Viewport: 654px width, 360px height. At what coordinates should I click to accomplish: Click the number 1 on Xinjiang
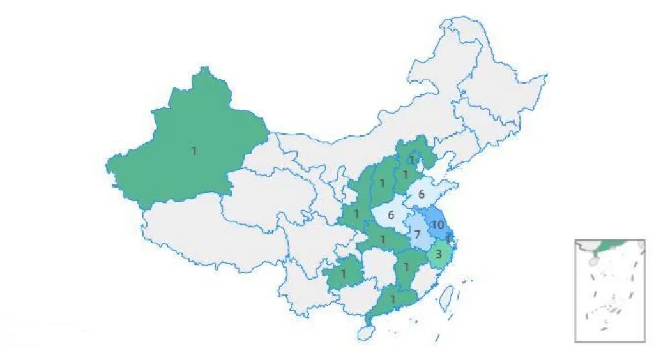[x=194, y=151]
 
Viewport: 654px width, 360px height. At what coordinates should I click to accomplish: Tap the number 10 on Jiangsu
[x=437, y=225]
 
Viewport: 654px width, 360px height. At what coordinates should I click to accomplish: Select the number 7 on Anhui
[x=416, y=234]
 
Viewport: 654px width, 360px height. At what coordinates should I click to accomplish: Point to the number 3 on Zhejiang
[x=438, y=254]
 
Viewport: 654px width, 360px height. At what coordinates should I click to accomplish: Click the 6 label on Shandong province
[x=422, y=194]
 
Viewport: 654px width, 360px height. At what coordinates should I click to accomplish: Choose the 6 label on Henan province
[x=391, y=215]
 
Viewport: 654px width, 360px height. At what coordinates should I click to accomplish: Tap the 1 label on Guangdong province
[x=393, y=298]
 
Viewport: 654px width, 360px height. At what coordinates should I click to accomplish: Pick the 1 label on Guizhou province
[x=343, y=274]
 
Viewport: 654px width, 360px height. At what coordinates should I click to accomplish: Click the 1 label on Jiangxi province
[x=406, y=267]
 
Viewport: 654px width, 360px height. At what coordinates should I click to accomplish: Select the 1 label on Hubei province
[x=383, y=239]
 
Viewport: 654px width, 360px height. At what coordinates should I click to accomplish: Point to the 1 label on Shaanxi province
[x=357, y=214]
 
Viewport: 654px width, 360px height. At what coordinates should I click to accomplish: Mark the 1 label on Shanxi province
[x=382, y=184]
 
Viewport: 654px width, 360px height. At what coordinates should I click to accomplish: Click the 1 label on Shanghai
[x=448, y=239]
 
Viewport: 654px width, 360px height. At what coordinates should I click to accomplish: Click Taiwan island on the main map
[x=448, y=296]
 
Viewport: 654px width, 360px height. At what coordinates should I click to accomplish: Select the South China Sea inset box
[x=609, y=290]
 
